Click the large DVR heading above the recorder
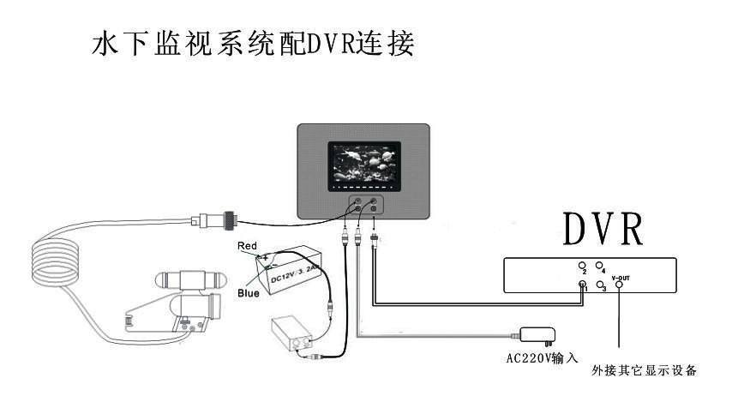point(604,230)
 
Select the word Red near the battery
point(247,245)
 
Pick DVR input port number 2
point(582,266)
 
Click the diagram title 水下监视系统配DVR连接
point(253,44)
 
